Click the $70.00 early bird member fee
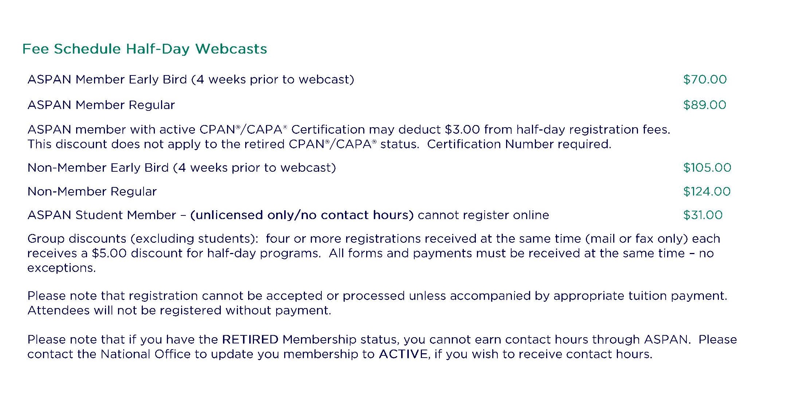[705, 79]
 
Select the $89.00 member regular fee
[705, 105]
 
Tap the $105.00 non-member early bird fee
[707, 168]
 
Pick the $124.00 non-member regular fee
[707, 191]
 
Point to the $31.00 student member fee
[703, 215]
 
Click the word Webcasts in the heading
[231, 49]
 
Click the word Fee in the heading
[35, 49]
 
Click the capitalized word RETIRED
[250, 340]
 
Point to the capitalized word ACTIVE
[403, 354]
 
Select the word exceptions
[62, 268]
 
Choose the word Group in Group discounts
[46, 239]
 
